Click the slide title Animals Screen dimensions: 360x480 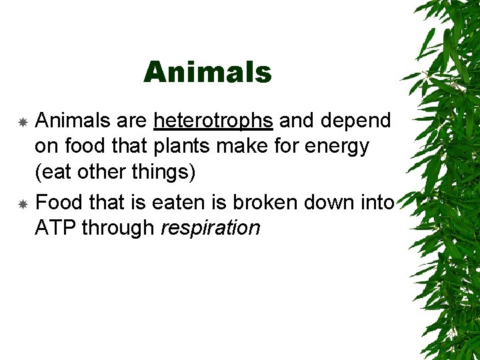(x=207, y=72)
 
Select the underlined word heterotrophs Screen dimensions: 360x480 (x=213, y=121)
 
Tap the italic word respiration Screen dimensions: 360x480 (x=211, y=228)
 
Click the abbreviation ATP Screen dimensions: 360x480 (x=55, y=228)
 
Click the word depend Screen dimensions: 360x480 (x=357, y=121)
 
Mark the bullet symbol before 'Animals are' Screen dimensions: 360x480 (x=22, y=122)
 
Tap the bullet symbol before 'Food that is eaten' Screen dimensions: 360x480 (x=22, y=204)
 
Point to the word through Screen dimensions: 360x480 (x=120, y=228)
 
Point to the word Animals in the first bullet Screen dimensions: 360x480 (x=73, y=121)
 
